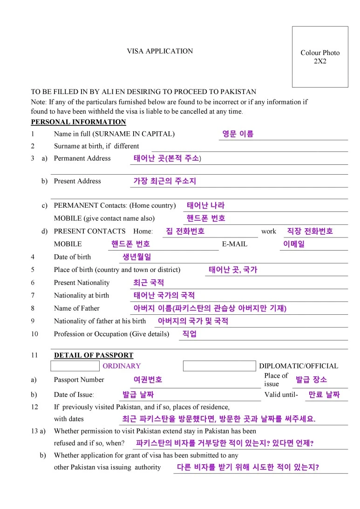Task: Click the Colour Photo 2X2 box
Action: [x=320, y=57]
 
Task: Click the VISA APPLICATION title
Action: [x=160, y=51]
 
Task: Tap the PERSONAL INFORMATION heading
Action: [x=78, y=122]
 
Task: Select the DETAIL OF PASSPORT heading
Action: [x=94, y=355]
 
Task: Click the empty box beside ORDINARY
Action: [x=75, y=366]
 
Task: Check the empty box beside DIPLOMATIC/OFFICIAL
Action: [x=219, y=366]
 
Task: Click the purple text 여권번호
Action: [x=148, y=380]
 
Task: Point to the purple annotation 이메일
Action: [x=293, y=244]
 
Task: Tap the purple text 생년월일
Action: [x=136, y=257]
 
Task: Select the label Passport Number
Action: [x=79, y=380]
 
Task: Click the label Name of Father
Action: [x=77, y=308]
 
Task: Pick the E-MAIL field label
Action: [x=235, y=244]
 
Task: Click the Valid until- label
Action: [x=281, y=395]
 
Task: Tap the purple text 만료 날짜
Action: [x=324, y=395]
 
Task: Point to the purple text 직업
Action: [x=189, y=333]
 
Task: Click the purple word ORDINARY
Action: [x=122, y=366]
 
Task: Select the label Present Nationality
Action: [x=82, y=282]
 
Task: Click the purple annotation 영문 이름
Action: [x=238, y=134]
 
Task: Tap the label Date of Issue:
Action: [x=74, y=395]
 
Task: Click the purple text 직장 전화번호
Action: [x=310, y=231]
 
